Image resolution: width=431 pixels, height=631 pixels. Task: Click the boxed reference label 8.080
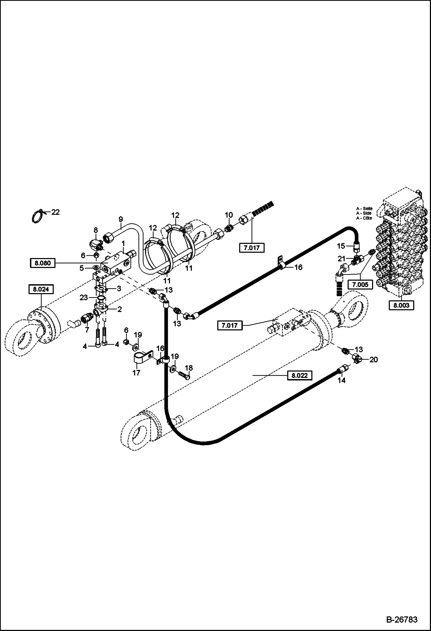click(x=42, y=263)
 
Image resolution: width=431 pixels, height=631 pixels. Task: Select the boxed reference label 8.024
click(x=41, y=289)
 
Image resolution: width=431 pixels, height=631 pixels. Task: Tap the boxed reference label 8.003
click(x=401, y=305)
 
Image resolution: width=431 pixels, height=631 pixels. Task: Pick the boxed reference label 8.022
click(x=300, y=375)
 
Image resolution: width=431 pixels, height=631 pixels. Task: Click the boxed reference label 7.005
click(x=360, y=285)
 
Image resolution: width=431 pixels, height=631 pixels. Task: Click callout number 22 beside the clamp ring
click(x=55, y=212)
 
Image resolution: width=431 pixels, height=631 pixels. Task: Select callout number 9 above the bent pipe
click(x=121, y=219)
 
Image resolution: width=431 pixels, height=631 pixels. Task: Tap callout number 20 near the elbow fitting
click(x=373, y=360)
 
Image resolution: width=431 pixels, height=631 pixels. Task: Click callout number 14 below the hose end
click(x=342, y=380)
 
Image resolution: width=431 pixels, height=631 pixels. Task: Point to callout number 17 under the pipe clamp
click(x=136, y=373)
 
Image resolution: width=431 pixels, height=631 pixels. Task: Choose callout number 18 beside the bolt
click(x=189, y=368)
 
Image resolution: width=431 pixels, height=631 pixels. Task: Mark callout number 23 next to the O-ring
click(x=83, y=298)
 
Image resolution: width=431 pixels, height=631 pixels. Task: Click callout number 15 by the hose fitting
click(x=341, y=246)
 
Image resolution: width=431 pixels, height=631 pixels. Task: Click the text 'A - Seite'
click(x=364, y=209)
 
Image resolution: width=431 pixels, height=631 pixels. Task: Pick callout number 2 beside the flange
click(x=119, y=309)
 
